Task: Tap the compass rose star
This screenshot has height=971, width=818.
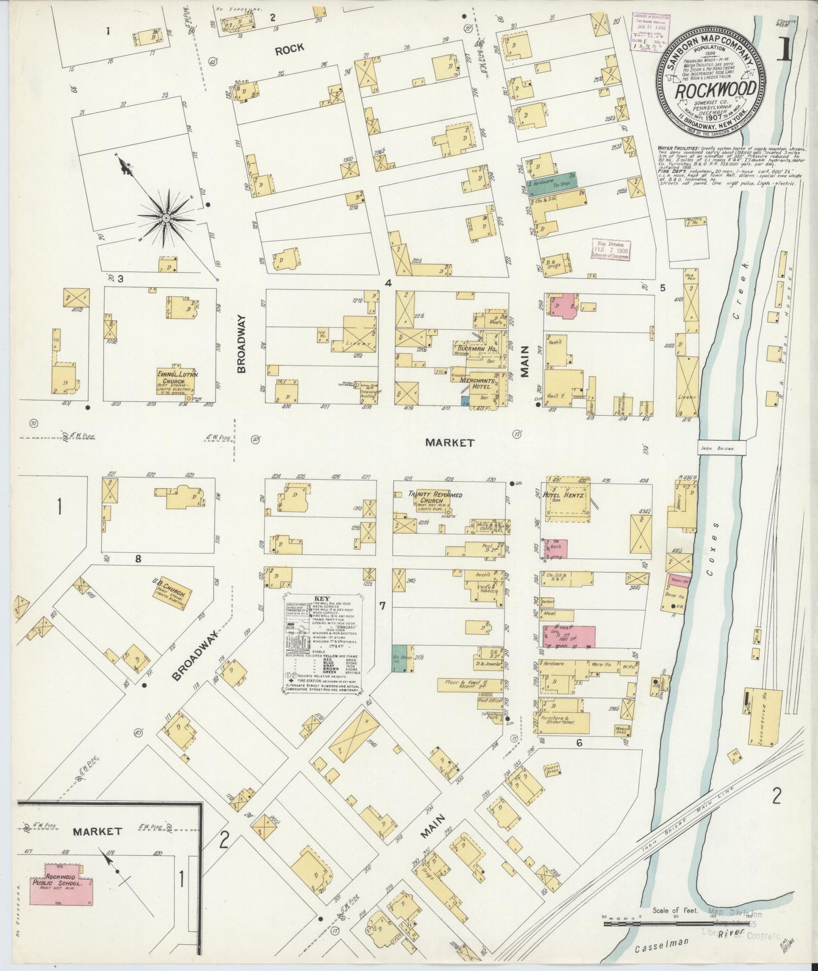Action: coord(166,218)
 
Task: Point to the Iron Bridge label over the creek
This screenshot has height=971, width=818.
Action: coord(720,448)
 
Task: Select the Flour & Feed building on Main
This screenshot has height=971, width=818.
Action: coord(468,685)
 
